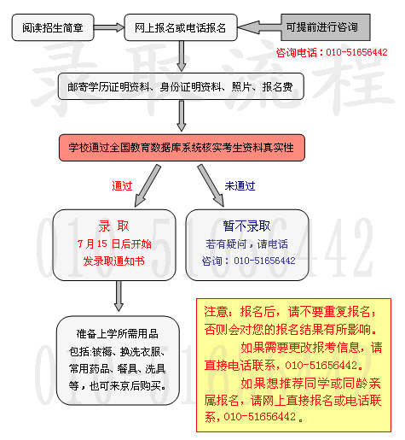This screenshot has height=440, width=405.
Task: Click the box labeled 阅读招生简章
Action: [x=53, y=27]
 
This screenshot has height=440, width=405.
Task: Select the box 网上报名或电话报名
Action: [x=181, y=27]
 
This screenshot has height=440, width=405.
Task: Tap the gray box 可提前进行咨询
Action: [x=326, y=27]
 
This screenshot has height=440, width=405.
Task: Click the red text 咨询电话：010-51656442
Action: [x=332, y=52]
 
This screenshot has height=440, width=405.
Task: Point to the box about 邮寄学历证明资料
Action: [x=181, y=86]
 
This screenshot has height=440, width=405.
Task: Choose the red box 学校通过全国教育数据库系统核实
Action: [x=182, y=148]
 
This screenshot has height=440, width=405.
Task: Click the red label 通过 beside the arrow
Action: [x=122, y=185]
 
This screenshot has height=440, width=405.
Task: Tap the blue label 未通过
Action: [x=240, y=186]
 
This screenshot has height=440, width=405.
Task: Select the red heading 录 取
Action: [x=113, y=226]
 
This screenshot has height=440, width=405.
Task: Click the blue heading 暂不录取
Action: [x=246, y=226]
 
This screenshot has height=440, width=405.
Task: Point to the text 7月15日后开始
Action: [x=114, y=243]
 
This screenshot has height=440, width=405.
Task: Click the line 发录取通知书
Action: [x=114, y=261]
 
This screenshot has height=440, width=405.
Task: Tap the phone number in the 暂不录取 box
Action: [x=264, y=261]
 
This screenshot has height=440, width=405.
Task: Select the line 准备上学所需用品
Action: [x=117, y=333]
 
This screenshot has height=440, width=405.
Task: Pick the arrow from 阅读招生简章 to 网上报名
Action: [x=109, y=27]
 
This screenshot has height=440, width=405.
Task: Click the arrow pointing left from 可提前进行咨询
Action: [x=259, y=27]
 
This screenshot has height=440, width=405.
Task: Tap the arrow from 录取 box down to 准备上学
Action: [x=119, y=296]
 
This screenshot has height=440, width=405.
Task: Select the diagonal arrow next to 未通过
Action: [x=211, y=185]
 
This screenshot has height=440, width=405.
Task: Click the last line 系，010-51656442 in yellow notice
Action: [x=253, y=417]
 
